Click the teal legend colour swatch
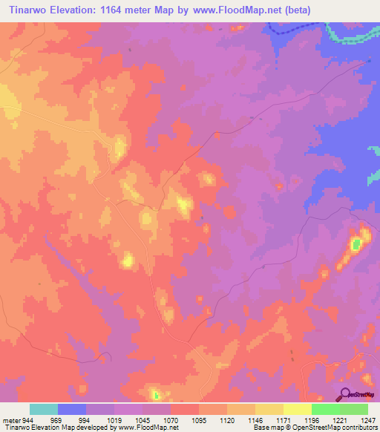pos(44,409)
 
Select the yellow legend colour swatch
pos(298,409)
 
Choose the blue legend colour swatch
pos(72,409)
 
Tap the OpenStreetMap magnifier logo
pos(346,394)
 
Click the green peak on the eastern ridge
pos(356,243)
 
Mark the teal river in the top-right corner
pos(349,33)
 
